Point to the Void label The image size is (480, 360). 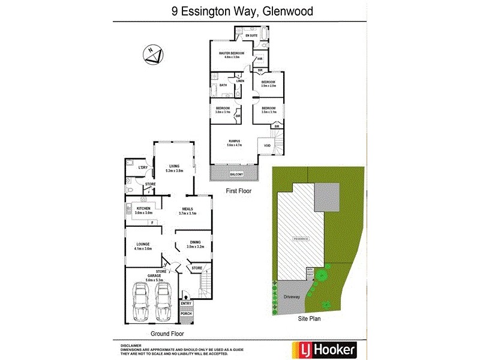point(267,146)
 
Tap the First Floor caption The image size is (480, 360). point(238,191)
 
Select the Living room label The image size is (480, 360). point(174,167)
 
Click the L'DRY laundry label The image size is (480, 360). point(143,167)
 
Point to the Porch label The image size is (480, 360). point(186,314)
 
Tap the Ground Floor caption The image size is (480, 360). point(167,334)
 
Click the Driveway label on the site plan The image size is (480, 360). point(292,296)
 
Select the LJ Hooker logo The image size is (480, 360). point(323,349)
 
